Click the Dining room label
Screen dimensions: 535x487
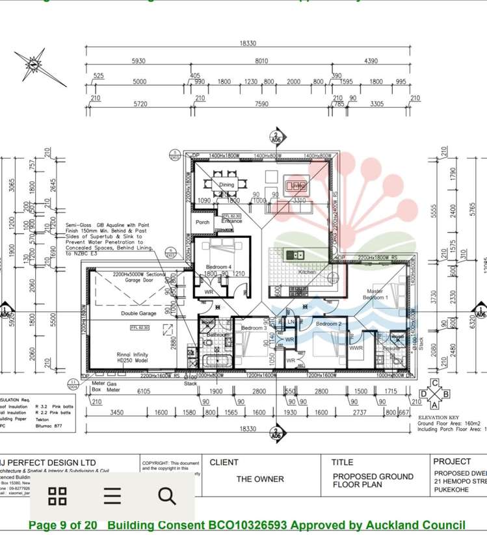(226, 185)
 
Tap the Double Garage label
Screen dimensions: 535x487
(139, 313)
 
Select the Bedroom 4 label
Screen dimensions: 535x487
(218, 267)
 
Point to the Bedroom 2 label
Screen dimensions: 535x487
(328, 324)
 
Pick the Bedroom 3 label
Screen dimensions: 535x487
(254, 328)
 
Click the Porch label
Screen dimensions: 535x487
(202, 222)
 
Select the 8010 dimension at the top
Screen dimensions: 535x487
(261, 61)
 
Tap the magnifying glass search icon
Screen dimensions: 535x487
(167, 496)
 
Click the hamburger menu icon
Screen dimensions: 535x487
(112, 496)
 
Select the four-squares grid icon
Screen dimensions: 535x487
(58, 496)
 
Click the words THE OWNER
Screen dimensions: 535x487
(260, 479)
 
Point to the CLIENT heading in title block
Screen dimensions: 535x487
(224, 462)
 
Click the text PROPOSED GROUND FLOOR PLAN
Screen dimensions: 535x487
(373, 480)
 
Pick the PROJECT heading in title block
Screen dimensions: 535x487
(452, 462)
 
